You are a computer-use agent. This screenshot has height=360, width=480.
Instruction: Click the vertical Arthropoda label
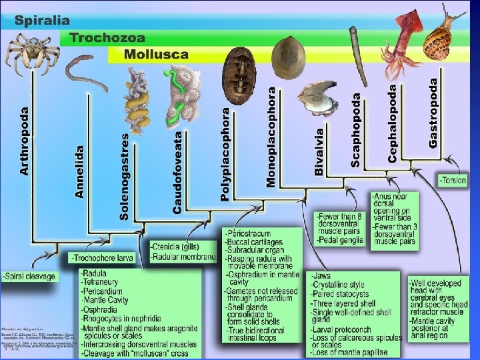25,141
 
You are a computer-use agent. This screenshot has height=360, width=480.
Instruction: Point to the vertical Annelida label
80,171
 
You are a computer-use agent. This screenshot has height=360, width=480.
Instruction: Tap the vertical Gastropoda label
434,113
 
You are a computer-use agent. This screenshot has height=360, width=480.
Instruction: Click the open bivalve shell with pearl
313,97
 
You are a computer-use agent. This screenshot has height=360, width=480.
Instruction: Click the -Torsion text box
453,181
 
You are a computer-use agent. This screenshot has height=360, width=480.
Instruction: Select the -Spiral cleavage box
29,276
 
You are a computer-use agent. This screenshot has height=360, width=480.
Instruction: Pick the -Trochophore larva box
101,257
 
